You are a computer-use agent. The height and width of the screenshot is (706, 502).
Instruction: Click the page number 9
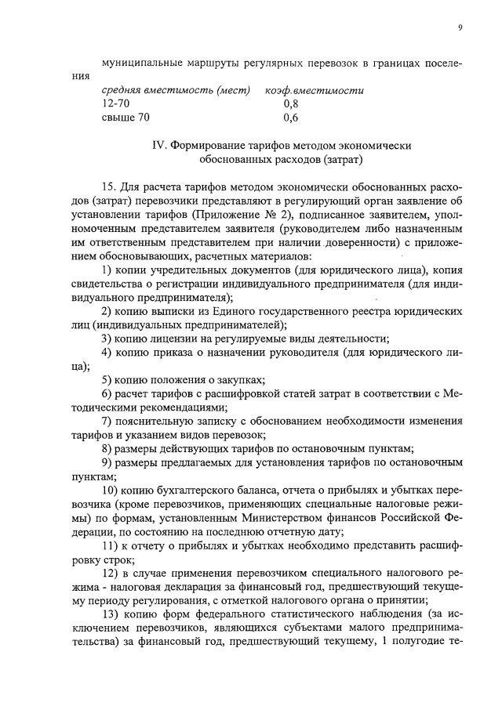click(460, 28)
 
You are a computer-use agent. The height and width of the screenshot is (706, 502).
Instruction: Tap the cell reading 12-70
click(116, 103)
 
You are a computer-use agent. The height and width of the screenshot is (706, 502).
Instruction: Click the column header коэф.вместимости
click(315, 90)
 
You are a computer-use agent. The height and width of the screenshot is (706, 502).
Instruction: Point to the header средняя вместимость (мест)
click(176, 90)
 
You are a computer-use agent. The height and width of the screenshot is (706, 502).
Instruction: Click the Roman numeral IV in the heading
click(157, 146)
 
